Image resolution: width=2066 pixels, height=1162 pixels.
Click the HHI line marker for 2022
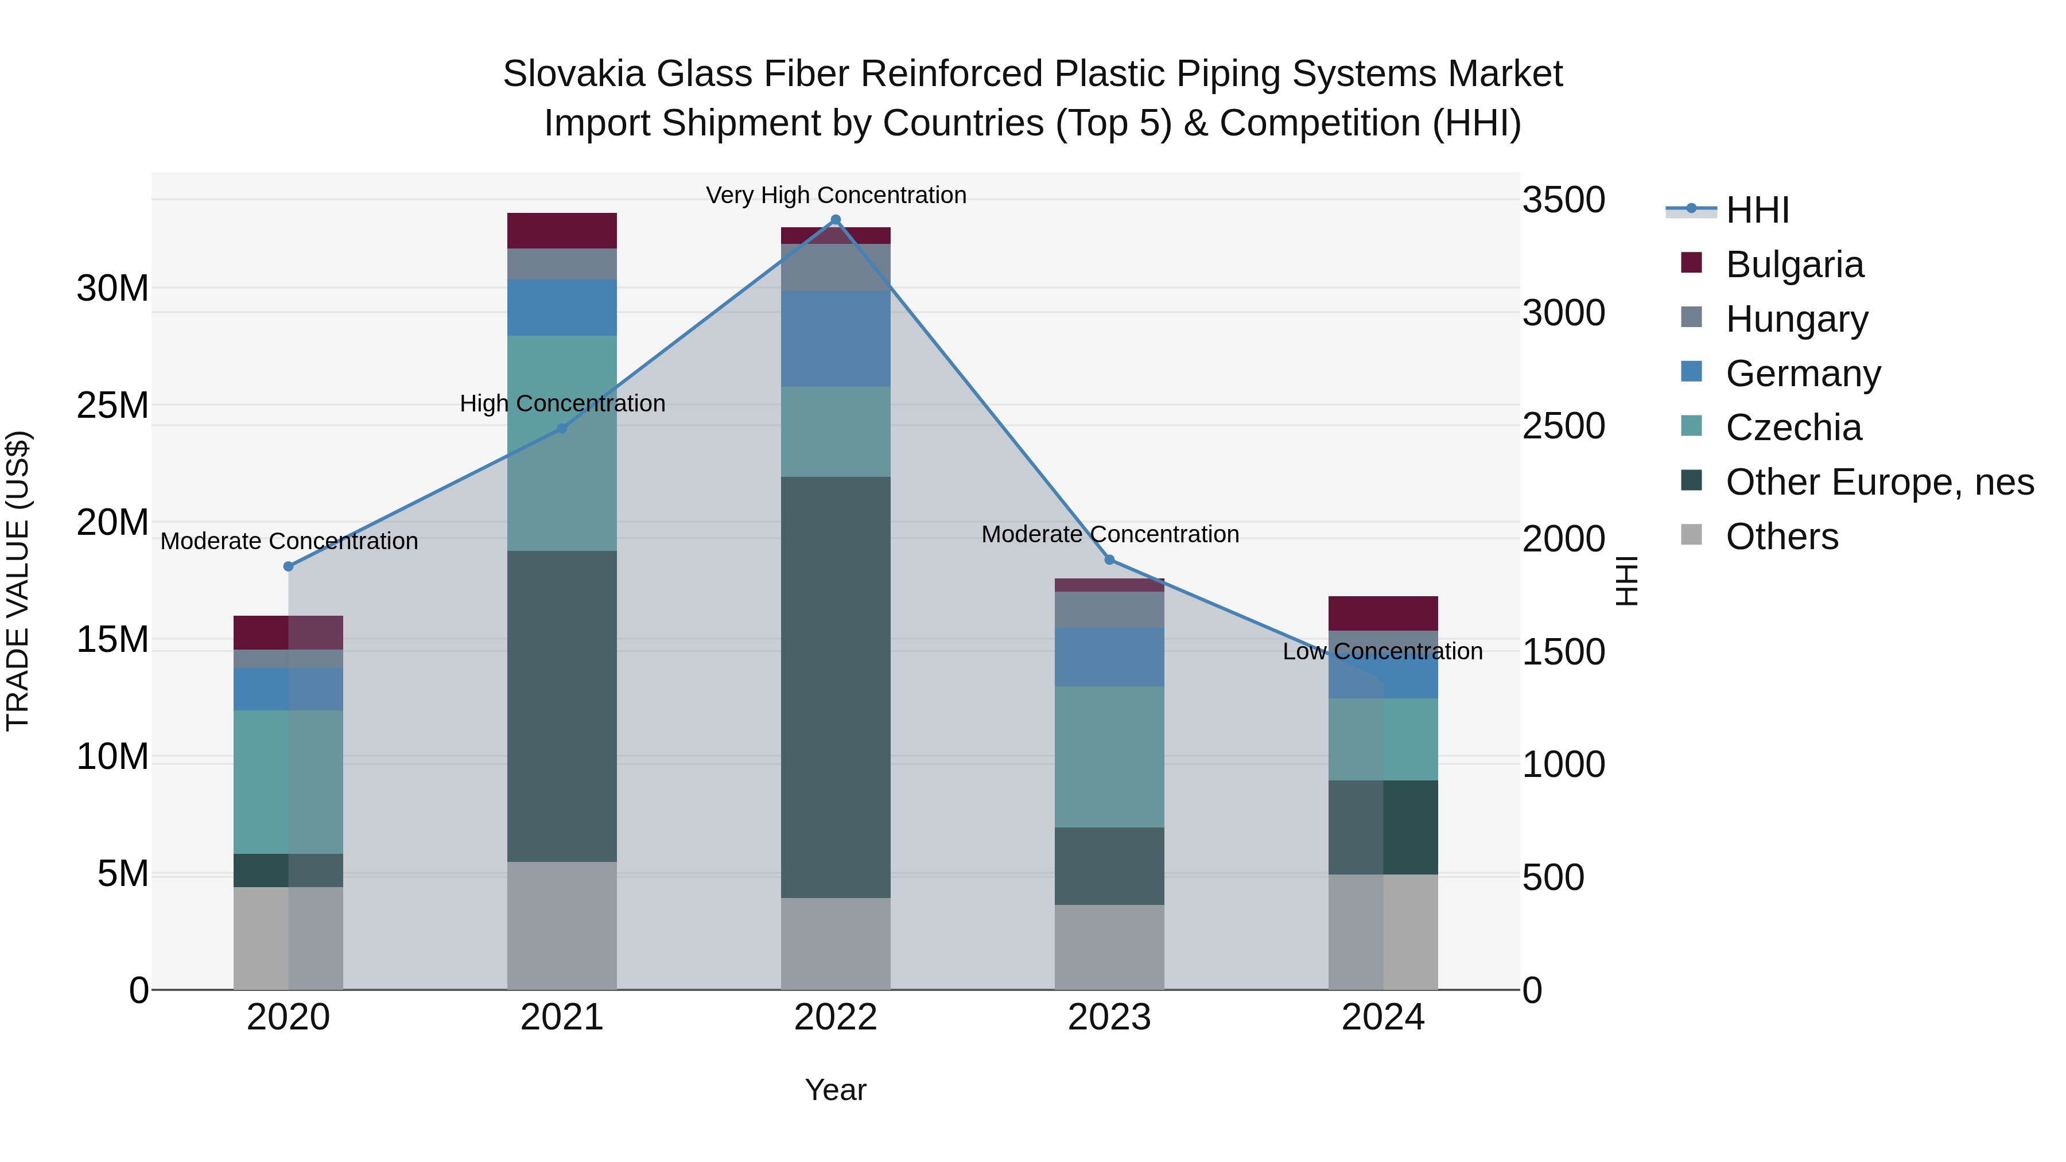point(835,220)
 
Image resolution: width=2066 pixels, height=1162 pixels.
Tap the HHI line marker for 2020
point(289,566)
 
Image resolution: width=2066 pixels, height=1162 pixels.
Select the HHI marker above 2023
point(1109,559)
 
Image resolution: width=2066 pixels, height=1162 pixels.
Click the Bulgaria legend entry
point(1794,265)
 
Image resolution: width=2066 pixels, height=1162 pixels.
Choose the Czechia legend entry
point(1793,428)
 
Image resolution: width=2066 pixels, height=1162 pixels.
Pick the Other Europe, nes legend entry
point(1879,482)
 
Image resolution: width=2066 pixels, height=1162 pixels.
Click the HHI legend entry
point(1757,210)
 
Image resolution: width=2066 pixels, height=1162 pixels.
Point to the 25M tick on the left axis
point(112,406)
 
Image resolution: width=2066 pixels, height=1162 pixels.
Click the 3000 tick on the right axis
point(1563,313)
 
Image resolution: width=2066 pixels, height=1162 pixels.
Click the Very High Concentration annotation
point(836,195)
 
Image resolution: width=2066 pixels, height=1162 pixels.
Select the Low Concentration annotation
point(1382,651)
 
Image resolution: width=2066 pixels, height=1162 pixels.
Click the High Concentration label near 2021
point(562,403)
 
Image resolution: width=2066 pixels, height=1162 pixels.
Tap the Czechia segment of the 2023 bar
point(1109,756)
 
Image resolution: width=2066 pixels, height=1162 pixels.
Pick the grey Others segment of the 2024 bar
point(1382,931)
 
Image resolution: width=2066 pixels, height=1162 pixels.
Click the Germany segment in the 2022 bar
point(835,339)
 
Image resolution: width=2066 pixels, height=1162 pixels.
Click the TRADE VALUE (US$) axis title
point(18,581)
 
